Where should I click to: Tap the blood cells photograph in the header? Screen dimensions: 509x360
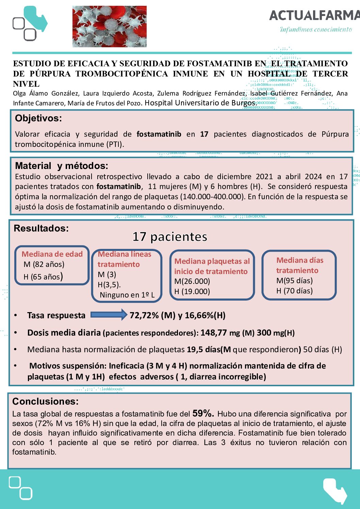(109, 26)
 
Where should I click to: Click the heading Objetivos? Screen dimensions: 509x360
(38, 118)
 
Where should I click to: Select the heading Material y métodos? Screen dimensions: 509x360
(62, 166)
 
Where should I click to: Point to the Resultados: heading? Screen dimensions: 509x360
(41, 228)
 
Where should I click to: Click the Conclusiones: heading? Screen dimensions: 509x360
(45, 402)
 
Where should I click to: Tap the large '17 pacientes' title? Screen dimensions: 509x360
(170, 237)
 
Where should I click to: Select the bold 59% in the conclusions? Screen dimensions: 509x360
(203, 413)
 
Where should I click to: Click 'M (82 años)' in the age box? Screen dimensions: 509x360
(44, 265)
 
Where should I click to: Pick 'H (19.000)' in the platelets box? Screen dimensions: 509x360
(192, 291)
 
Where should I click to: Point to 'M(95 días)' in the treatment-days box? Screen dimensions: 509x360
(294, 281)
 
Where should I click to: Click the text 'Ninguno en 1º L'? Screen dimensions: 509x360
(127, 295)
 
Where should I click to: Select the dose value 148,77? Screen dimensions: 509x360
(213, 333)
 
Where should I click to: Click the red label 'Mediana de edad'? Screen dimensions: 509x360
(52, 254)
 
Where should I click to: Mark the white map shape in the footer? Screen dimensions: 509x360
(334, 490)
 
